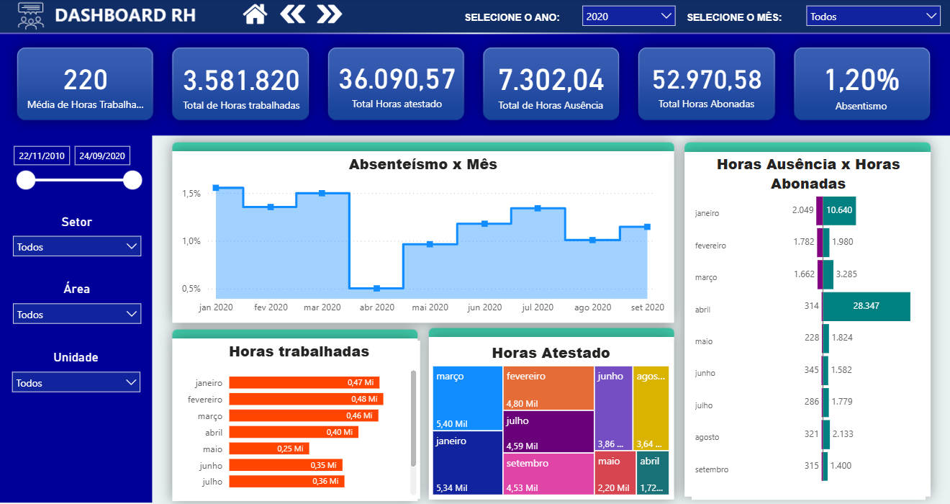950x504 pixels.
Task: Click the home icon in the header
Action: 255,14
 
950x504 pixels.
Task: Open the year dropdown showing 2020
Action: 628,16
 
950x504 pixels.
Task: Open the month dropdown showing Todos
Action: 872,16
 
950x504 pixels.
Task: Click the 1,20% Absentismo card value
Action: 861,80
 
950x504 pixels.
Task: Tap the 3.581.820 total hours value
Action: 240,80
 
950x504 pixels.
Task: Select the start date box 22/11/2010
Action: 42,156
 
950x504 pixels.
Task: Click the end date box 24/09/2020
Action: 102,156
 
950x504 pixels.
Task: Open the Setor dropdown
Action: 77,247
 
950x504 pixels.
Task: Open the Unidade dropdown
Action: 76,383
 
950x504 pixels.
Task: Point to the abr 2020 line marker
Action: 376,288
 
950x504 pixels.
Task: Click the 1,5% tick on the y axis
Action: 191,194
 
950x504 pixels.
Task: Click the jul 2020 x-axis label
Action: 538,307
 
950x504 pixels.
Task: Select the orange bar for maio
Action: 268,449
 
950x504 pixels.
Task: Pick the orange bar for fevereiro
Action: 306,399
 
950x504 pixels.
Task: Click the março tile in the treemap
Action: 467,397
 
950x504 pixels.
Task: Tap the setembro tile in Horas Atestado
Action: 548,473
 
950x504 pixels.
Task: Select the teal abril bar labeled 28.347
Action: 866,306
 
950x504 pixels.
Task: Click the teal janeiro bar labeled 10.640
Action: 839,210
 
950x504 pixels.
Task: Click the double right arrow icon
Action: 329,14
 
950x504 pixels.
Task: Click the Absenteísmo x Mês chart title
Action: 422,164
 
